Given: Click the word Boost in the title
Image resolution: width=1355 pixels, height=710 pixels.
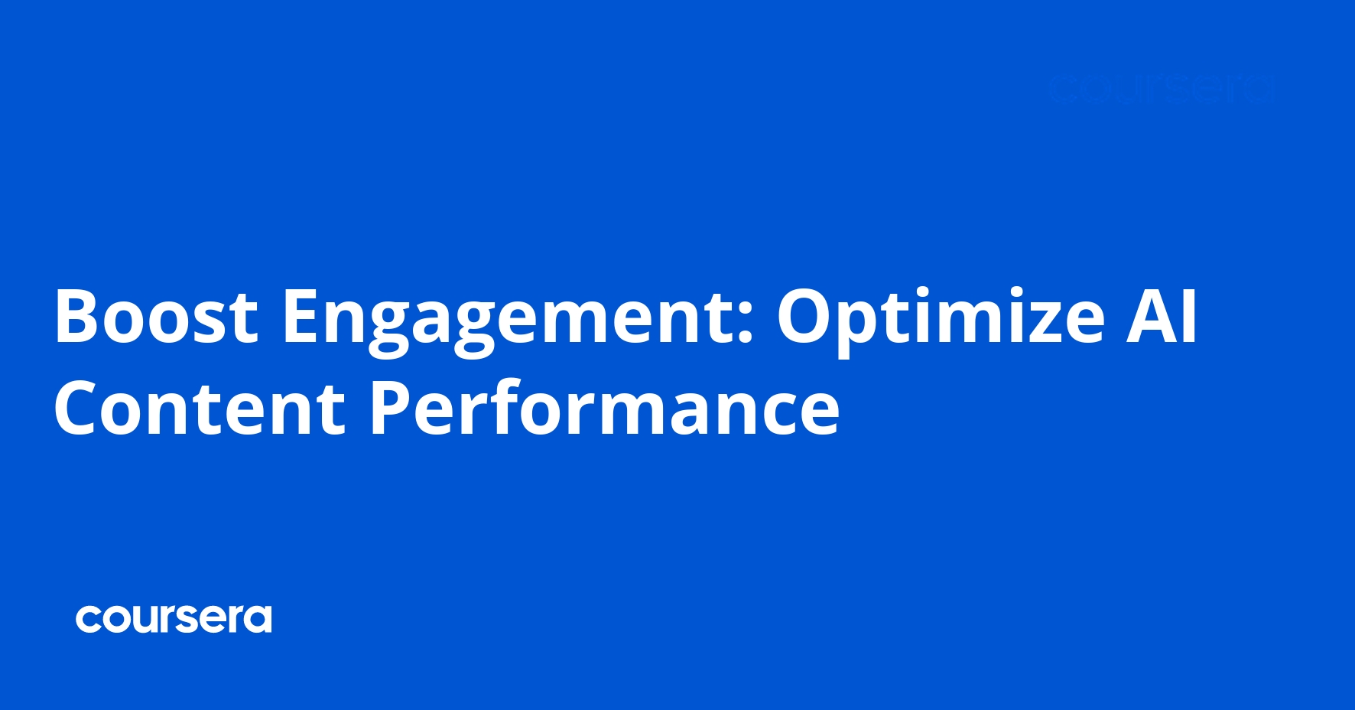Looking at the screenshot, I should click(x=156, y=316).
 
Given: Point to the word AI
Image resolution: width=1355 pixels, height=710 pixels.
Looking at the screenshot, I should click(x=1161, y=316).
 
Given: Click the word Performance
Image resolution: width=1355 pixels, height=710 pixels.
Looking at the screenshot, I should click(x=604, y=409).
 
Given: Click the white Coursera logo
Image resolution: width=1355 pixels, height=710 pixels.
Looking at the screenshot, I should click(x=174, y=619).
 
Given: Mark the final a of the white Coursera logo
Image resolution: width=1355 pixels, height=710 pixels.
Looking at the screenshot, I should click(x=258, y=620).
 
